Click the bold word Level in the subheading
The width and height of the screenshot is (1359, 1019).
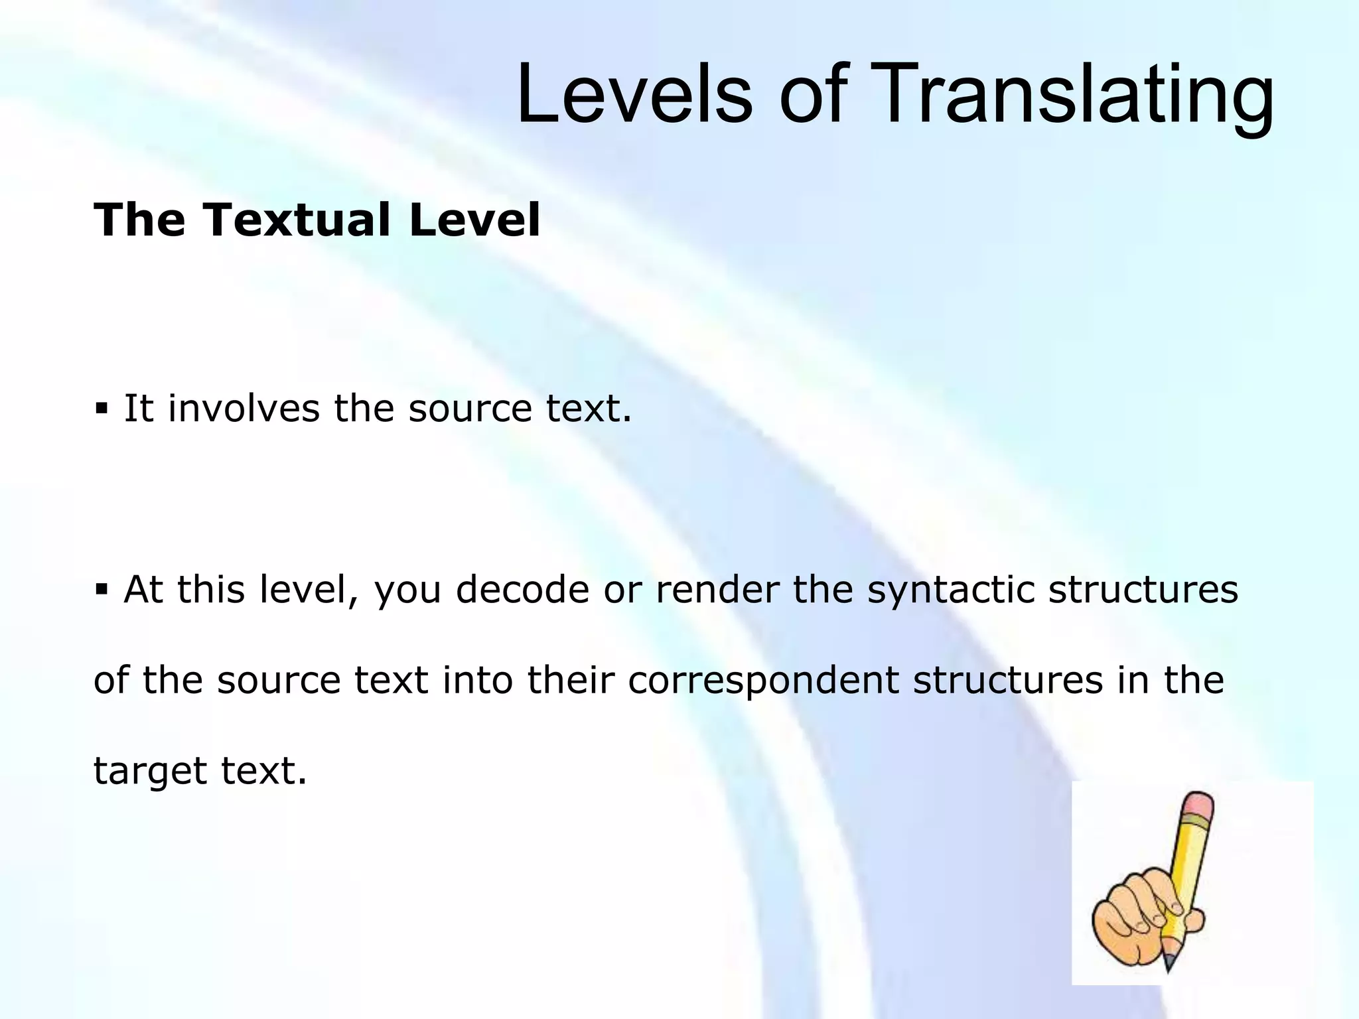pyautogui.click(x=474, y=220)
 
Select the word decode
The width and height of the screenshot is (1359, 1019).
pyautogui.click(x=522, y=589)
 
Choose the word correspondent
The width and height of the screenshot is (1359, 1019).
pyautogui.click(x=763, y=680)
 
